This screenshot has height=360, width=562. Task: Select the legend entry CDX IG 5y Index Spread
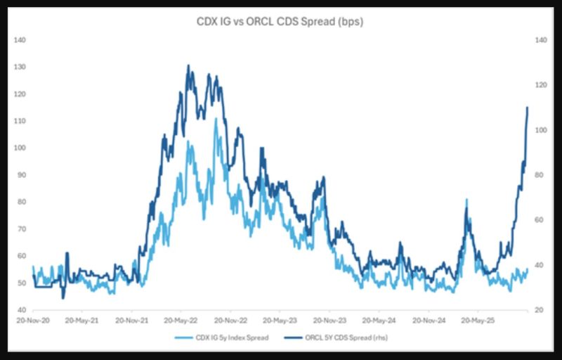pos(228,338)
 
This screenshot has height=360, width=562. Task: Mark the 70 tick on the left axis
pos(20,229)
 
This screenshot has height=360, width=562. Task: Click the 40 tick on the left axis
pos(20,310)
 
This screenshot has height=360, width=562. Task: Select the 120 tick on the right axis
pos(541,85)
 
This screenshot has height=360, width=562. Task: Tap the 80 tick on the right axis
pos(541,175)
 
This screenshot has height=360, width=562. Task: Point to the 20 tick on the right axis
pos(541,310)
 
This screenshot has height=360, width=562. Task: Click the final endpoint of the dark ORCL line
pos(528,108)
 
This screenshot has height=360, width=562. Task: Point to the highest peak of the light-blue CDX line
pos(216,119)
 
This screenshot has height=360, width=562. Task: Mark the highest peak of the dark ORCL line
pos(188,65)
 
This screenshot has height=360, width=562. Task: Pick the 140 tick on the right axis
pos(541,40)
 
